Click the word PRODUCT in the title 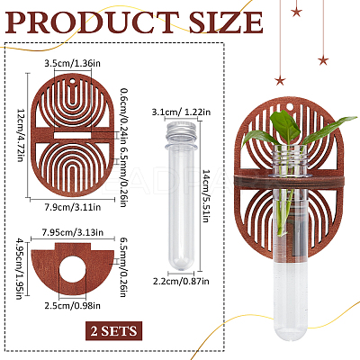(93, 22)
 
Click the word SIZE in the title (226, 22)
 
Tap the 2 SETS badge (113, 331)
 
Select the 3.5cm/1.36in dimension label (72, 64)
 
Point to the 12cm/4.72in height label (21, 135)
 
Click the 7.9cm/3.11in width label (72, 207)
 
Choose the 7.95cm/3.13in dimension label (73, 232)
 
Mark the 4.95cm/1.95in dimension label (20, 269)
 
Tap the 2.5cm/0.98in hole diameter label (72, 306)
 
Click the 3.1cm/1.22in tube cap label (181, 112)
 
